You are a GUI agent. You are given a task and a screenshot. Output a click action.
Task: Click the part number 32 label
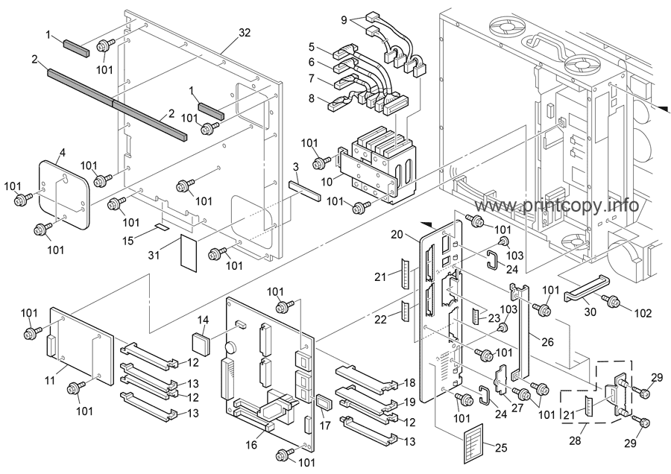point(245,33)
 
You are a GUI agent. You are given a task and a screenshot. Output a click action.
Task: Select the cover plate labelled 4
point(64,195)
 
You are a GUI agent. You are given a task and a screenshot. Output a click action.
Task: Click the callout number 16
point(252,445)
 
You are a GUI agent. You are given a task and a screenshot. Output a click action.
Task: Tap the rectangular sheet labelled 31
point(189,253)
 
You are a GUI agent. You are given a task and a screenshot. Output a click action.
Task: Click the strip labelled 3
point(305,190)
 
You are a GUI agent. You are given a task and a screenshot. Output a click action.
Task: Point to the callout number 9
point(344,19)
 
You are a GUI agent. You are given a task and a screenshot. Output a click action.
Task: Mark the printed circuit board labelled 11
point(82,346)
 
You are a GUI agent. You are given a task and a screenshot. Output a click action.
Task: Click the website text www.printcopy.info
point(557,206)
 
